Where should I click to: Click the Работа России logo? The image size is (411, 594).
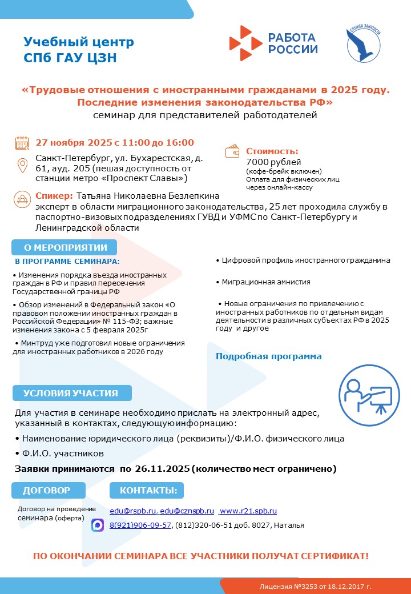(x=273, y=43)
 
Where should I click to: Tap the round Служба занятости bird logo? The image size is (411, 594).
(x=362, y=44)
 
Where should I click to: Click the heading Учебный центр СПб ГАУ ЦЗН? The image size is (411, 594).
(x=79, y=50)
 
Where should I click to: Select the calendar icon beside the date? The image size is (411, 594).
(x=22, y=143)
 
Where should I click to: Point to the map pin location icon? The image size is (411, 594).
(x=22, y=166)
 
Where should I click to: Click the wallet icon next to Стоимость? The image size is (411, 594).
(x=233, y=152)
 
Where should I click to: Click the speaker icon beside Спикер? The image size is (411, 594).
(x=22, y=199)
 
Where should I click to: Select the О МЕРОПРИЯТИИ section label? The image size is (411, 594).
(x=65, y=247)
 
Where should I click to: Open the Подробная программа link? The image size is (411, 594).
(x=268, y=356)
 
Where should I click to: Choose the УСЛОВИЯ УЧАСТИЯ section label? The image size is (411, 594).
(x=71, y=393)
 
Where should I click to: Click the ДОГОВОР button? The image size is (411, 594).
(x=47, y=490)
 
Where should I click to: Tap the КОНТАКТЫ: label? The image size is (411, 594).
(x=148, y=490)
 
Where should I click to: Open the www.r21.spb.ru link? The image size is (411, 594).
(x=248, y=511)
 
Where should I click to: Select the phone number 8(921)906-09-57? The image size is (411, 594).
(x=140, y=525)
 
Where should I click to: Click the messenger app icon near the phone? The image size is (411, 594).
(x=98, y=525)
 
